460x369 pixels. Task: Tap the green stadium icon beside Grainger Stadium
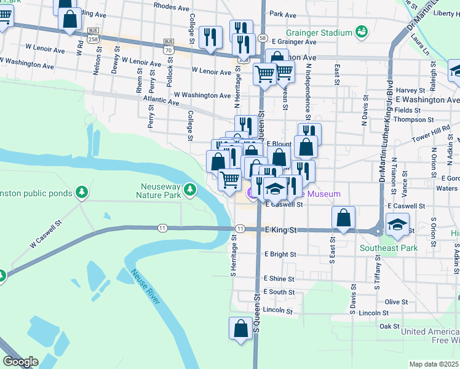point(362,31)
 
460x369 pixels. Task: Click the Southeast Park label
point(389,248)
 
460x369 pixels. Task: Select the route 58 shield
point(262,38)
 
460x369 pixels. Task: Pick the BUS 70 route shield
point(169,46)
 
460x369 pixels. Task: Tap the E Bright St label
point(280,254)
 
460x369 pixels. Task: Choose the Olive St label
point(395,302)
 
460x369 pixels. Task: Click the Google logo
point(20,362)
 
